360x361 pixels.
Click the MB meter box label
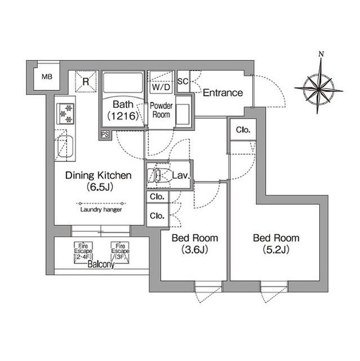pos(47,77)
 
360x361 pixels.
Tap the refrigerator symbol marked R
pos(86,81)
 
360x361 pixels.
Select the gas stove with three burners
pos(65,114)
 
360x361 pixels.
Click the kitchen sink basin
pos(65,147)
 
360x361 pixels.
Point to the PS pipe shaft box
pos(105,134)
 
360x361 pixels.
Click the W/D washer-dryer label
pos(161,87)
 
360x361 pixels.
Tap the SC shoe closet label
pos(183,81)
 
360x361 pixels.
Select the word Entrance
pos(223,93)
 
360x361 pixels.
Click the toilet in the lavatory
pos(154,175)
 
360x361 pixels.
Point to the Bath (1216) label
pos(123,111)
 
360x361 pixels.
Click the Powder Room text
pos(161,110)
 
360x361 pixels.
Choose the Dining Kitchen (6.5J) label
pos(99,181)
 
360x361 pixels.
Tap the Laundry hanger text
pos(101,209)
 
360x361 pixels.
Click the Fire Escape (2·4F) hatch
pos(83,253)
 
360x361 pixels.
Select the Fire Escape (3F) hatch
pos(120,253)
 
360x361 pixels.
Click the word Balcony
pos(101,265)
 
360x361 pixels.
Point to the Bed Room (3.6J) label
pos(195,244)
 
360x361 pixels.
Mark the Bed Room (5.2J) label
pos(276,244)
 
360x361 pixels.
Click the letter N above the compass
pos(321,54)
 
